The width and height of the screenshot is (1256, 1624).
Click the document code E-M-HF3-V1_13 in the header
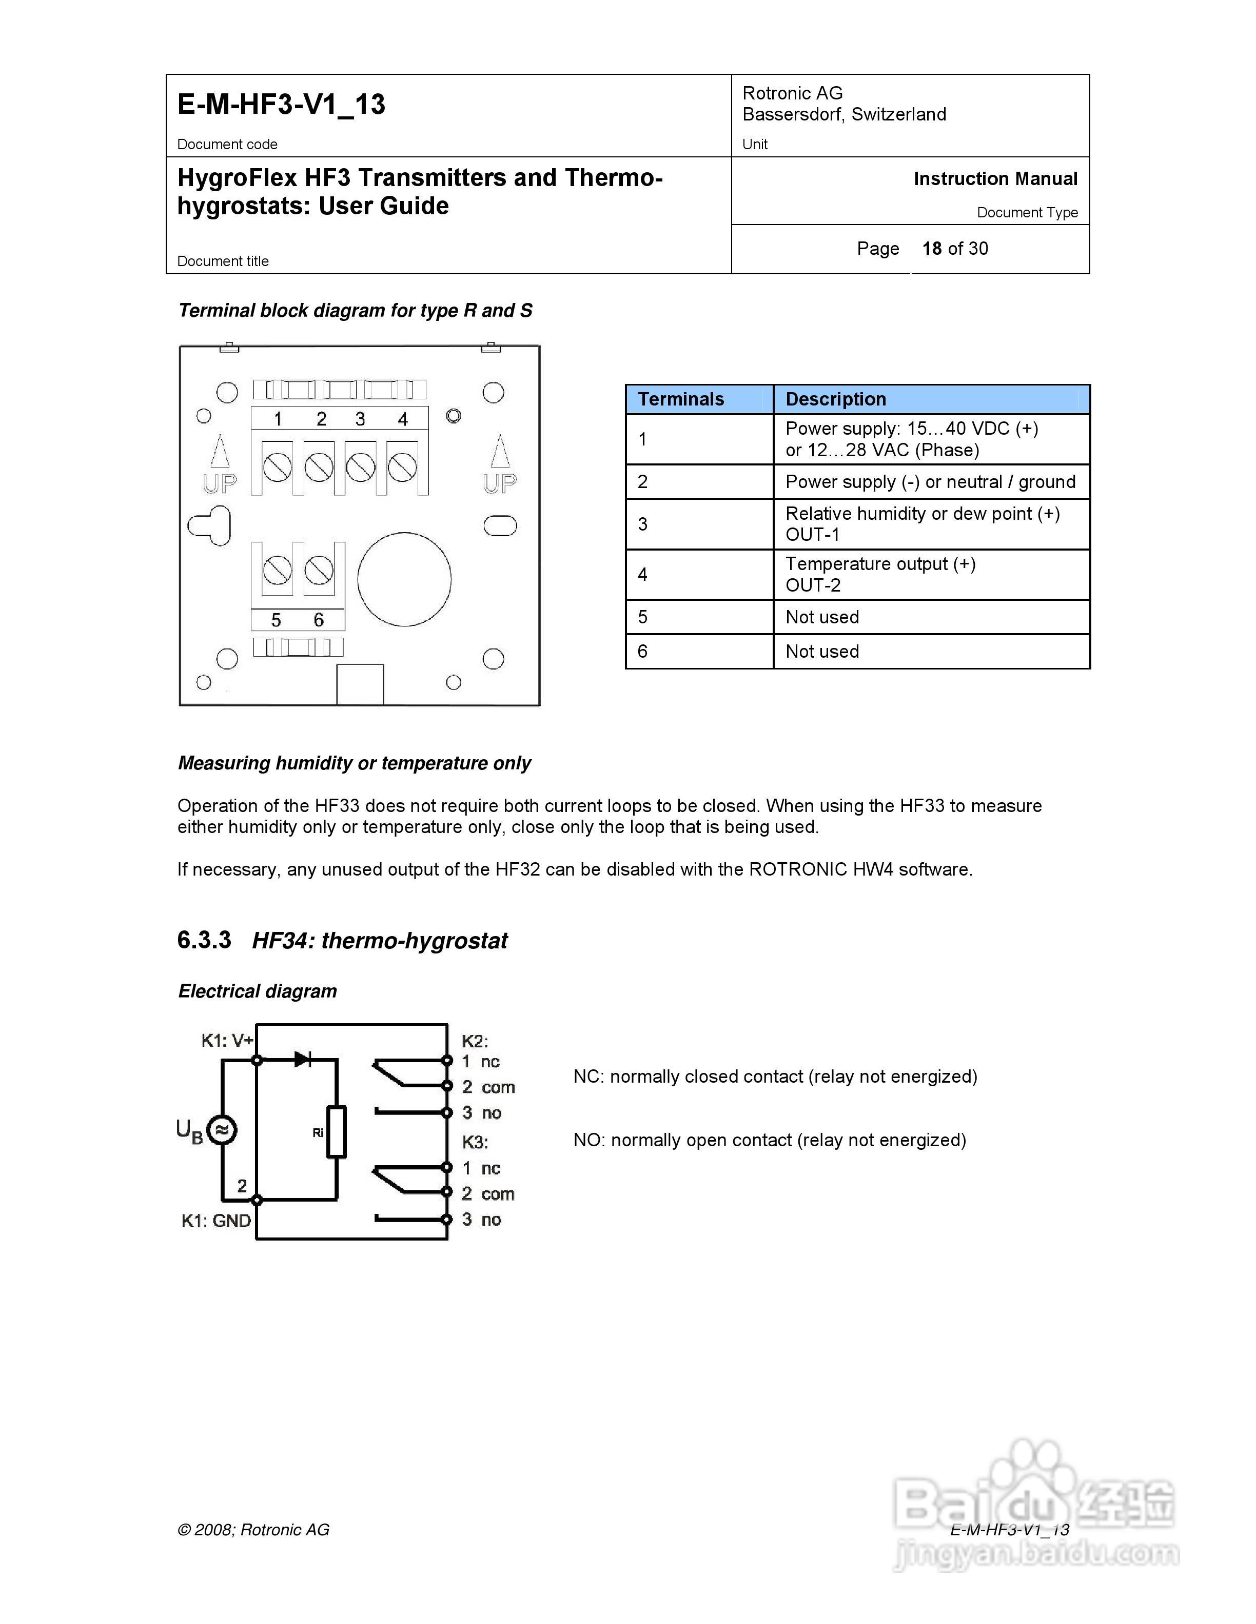pos(281,104)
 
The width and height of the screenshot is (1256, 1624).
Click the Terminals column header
pos(681,399)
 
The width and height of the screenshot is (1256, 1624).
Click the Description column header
pos(836,399)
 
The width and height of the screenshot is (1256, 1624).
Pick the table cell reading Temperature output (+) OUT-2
pos(880,574)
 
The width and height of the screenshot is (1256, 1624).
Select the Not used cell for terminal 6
pos(822,652)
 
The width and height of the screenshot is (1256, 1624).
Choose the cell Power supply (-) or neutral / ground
pos(930,482)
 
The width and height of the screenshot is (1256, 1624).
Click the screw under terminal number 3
pos(361,468)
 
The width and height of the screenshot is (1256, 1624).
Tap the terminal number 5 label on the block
pos(276,620)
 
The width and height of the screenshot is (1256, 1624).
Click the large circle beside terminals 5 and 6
pos(404,579)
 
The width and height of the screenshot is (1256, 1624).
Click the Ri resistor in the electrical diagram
pos(337,1132)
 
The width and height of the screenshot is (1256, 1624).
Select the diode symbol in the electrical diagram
pos(303,1059)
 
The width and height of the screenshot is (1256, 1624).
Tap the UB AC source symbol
pos(221,1130)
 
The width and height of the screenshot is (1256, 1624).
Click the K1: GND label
pos(216,1221)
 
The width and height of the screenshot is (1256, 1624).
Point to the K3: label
pos(475,1142)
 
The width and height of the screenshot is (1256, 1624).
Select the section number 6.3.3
pos(204,940)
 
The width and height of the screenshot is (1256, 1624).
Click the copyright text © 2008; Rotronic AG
pos(253,1530)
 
